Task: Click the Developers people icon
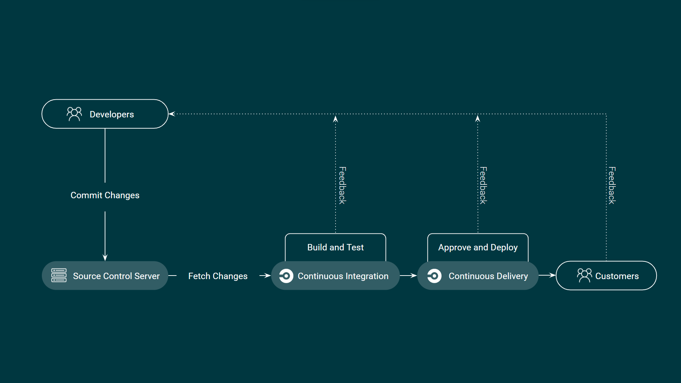(74, 114)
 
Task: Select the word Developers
(112, 114)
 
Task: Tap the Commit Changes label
(105, 195)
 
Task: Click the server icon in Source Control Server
(59, 276)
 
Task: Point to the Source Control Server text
(116, 276)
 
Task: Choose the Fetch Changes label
(218, 276)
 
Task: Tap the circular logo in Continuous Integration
(286, 276)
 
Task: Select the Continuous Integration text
(343, 276)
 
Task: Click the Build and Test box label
(336, 247)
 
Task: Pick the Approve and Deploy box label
(478, 247)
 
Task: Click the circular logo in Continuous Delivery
(434, 276)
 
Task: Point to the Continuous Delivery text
(488, 276)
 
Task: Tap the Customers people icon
(584, 275)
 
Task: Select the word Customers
(617, 276)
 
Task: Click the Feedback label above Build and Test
(342, 185)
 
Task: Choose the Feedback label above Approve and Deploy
(483, 185)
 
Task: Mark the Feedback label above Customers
(612, 185)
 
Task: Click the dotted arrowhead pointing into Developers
(172, 114)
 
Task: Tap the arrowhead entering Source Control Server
(105, 257)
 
